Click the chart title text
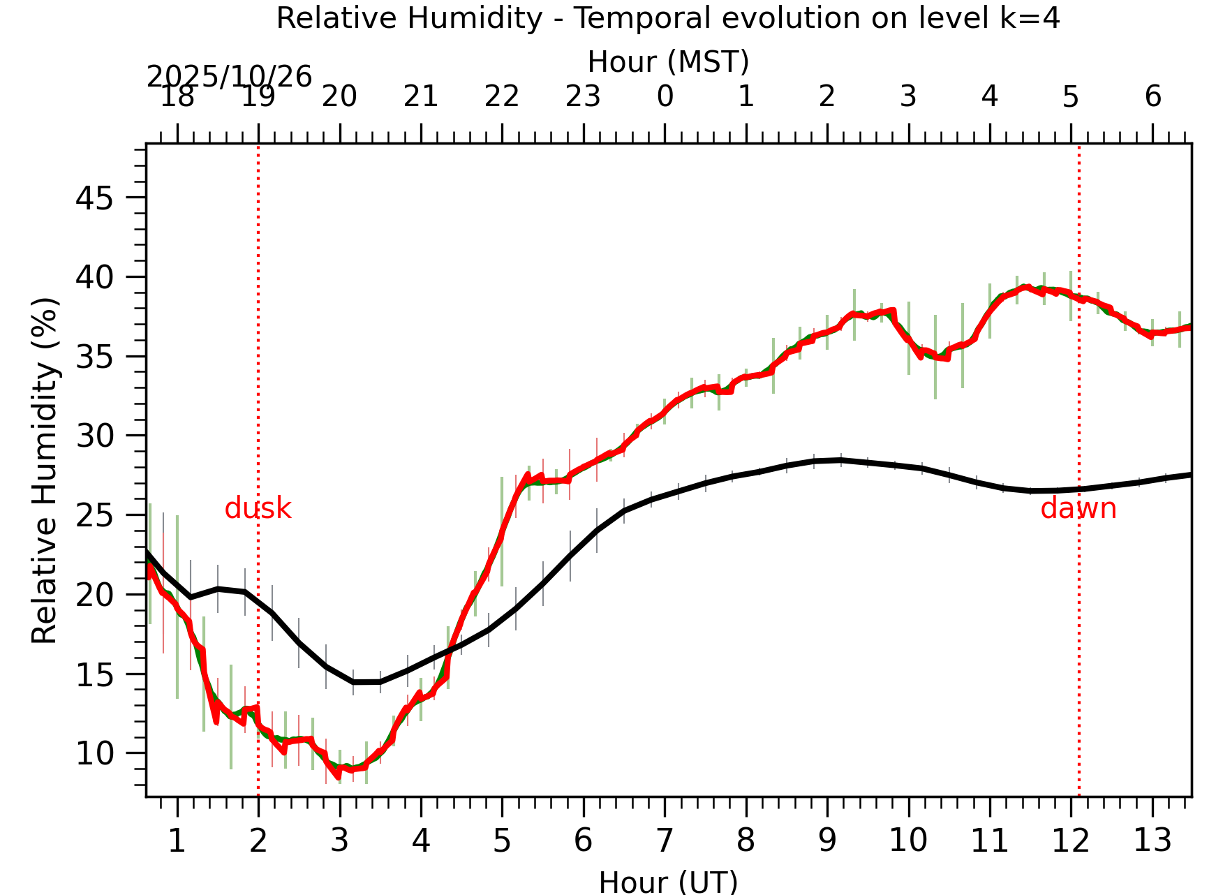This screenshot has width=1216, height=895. (x=668, y=18)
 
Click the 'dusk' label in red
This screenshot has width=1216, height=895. (x=258, y=509)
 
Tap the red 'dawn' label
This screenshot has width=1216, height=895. (x=1078, y=509)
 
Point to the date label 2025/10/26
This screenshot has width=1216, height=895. (x=229, y=77)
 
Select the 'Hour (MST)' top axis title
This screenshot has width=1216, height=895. (x=668, y=62)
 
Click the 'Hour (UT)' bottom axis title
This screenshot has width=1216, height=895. (x=668, y=882)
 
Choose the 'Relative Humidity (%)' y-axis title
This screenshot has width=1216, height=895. (x=45, y=471)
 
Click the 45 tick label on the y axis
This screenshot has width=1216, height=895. (x=94, y=200)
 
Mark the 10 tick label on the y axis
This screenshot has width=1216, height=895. (x=94, y=754)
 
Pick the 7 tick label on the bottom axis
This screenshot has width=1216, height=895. (x=664, y=841)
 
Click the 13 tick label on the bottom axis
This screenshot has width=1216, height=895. (x=1152, y=841)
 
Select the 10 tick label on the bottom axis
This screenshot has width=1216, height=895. (x=908, y=841)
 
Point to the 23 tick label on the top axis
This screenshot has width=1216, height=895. (x=583, y=97)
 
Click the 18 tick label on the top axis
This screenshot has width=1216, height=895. (x=177, y=97)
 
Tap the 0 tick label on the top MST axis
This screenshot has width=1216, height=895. (x=665, y=97)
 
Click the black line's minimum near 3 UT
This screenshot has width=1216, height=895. (x=355, y=681)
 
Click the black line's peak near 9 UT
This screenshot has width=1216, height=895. (x=840, y=460)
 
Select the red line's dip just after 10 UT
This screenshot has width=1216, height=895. (x=921, y=357)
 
